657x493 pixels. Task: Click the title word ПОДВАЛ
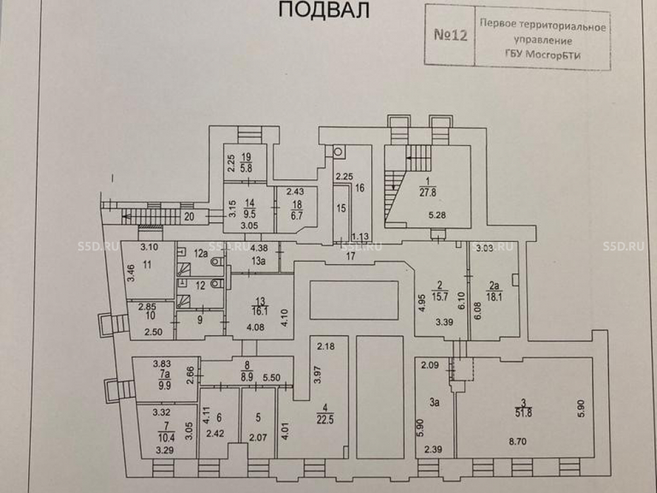[321, 10]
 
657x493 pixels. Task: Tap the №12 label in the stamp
[450, 35]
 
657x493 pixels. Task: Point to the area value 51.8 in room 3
[524, 412]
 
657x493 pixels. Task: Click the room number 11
[147, 265]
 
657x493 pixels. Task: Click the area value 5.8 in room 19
[246, 168]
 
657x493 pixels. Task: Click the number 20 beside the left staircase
[190, 216]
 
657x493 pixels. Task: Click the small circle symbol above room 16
[338, 151]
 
